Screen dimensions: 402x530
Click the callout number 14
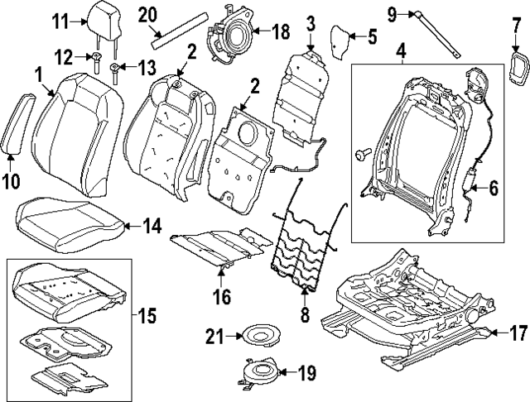[x=152, y=224]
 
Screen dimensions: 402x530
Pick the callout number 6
[x=494, y=189]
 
